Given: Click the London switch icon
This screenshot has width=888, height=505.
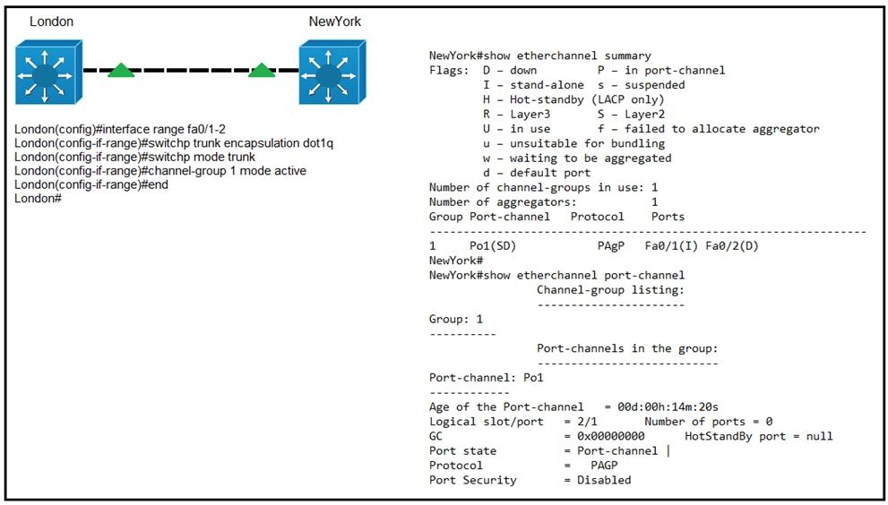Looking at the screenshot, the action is [x=48, y=72].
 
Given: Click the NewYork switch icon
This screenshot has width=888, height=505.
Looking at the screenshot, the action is [x=332, y=72].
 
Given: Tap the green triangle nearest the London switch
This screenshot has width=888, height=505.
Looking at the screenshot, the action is [x=121, y=70].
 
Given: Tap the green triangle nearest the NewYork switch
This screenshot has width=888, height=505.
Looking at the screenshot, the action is [x=262, y=70].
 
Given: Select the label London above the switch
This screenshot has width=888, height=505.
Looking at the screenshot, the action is [x=52, y=21].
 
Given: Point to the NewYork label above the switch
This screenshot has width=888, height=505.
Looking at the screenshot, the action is [x=335, y=21].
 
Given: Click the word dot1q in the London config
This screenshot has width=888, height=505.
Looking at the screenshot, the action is [x=318, y=143].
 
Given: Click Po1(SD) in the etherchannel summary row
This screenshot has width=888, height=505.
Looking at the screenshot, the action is [x=493, y=245].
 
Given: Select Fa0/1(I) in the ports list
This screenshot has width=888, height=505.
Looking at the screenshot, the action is [x=671, y=245].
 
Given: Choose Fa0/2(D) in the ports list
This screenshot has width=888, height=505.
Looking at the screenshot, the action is [x=732, y=245].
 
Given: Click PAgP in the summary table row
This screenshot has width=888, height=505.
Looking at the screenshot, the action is [x=610, y=245].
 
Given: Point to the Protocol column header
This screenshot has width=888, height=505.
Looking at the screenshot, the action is [x=597, y=217].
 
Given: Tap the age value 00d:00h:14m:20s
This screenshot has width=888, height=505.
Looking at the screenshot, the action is [x=668, y=407].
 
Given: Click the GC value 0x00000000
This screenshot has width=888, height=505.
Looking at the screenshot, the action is [x=610, y=436].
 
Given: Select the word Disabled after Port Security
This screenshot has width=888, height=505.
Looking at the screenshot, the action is [x=604, y=480].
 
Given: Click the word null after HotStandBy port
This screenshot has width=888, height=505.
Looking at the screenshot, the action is [x=820, y=436].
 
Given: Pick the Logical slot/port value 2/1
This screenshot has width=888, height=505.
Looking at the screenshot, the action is [x=587, y=421].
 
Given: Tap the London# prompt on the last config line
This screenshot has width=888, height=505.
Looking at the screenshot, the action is [x=38, y=198].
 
